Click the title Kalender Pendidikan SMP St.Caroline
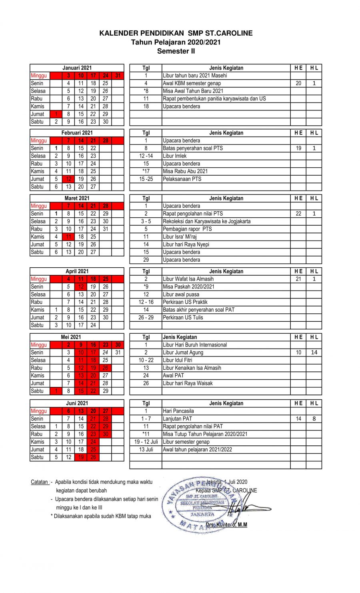[x=176, y=33]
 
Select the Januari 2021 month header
[x=77, y=68]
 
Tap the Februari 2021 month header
[x=77, y=133]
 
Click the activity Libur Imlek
[x=175, y=156]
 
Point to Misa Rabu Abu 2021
[x=185, y=171]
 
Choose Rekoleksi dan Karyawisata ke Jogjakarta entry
[x=206, y=221]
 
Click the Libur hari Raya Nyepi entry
[x=186, y=244]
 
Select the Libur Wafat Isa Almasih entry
[x=188, y=279]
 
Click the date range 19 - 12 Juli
[x=146, y=442]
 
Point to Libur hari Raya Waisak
[x=188, y=383]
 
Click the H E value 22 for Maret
[x=298, y=214]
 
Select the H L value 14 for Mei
[x=314, y=353]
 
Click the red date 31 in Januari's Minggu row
[x=118, y=76]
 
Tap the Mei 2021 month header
[x=71, y=337]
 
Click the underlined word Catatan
[x=40, y=482]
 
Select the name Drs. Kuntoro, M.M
[x=226, y=525]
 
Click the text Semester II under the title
[x=176, y=51]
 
